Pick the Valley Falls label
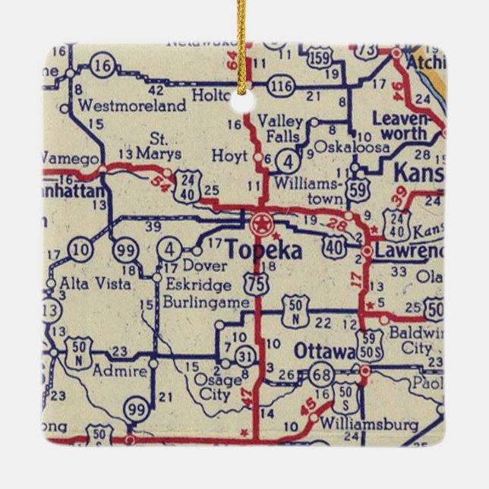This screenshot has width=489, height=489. [x=280, y=129]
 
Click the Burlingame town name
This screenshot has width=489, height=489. [x=206, y=302]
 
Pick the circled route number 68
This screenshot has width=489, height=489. [x=320, y=374]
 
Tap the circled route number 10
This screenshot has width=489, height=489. [x=82, y=249]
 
